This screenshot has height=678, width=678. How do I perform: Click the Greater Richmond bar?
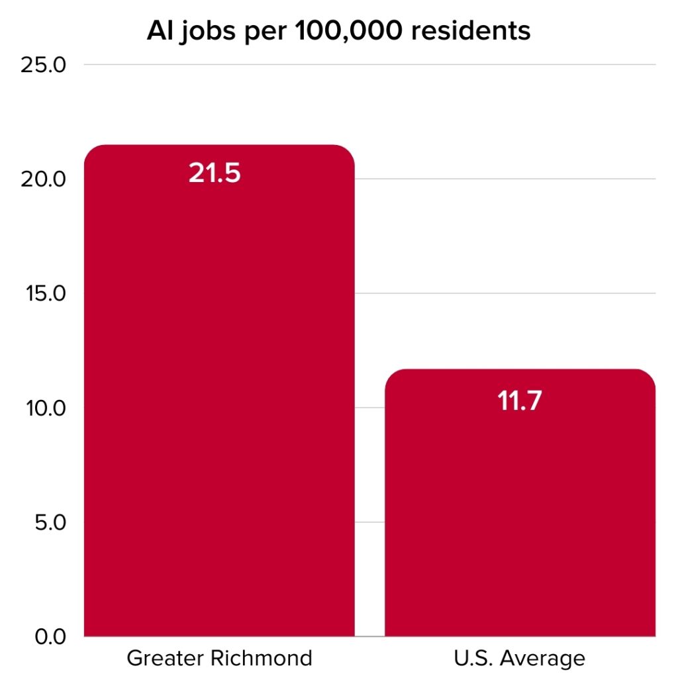219,397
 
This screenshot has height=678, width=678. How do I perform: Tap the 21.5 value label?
214,173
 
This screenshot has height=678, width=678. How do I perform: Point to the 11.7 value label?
520,401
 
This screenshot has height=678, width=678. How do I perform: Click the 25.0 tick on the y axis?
44,65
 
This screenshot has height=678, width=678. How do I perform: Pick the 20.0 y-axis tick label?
44,179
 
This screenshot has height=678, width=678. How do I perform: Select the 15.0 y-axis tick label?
44,293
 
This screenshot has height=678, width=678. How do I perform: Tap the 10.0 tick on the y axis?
44,408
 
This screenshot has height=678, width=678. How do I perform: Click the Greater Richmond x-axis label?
219,659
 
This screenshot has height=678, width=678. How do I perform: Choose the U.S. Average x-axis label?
520,659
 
